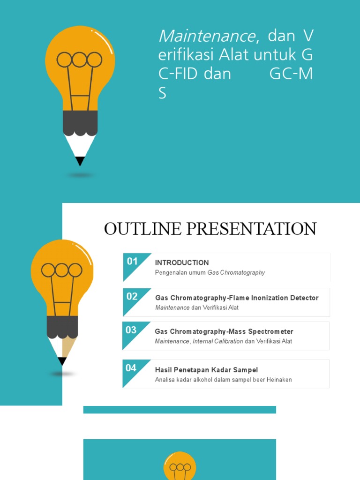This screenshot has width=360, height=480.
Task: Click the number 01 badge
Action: [132, 262]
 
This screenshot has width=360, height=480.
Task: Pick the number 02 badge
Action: [132, 296]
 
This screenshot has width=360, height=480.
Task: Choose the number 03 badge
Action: [131, 330]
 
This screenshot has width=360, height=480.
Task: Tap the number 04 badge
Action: [131, 368]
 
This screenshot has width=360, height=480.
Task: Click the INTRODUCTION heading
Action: [182, 262]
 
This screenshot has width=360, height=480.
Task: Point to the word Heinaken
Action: [279, 380]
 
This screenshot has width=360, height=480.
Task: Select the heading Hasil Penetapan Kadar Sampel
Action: [206, 370]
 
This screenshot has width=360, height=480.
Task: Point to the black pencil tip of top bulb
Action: [80, 161]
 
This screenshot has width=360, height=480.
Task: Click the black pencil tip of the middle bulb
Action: [62, 361]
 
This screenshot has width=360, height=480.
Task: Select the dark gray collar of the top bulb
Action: [80, 123]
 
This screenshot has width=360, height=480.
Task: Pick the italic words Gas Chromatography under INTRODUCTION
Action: [236, 272]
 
